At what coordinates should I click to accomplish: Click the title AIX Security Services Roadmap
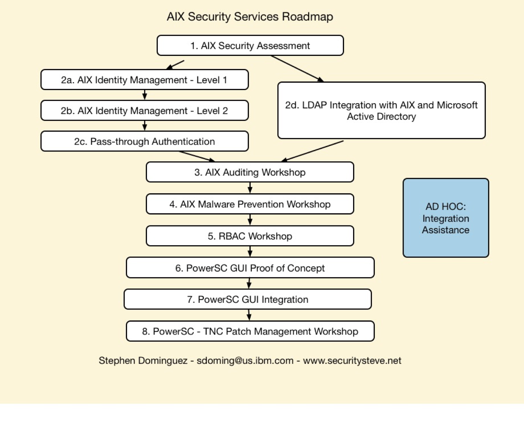click(250, 17)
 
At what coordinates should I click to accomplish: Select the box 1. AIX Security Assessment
click(250, 46)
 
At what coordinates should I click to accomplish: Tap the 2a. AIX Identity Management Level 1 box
click(144, 80)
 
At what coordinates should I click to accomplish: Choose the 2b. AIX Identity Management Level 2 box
click(144, 111)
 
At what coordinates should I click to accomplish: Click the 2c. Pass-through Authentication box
click(144, 141)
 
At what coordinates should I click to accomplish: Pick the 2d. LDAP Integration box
click(381, 111)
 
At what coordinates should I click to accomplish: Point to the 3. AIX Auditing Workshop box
click(250, 172)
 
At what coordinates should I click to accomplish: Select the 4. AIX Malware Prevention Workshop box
click(250, 204)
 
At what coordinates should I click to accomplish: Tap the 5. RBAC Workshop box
click(250, 236)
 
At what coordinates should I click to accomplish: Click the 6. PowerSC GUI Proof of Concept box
click(250, 268)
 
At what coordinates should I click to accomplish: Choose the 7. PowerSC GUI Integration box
click(247, 299)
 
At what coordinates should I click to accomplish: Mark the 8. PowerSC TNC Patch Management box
click(250, 331)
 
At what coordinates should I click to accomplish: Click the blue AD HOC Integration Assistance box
click(446, 218)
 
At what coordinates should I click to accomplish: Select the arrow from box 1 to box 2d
click(297, 69)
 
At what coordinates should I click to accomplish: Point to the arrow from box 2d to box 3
click(312, 151)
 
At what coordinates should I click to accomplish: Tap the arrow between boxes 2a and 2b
click(145, 95)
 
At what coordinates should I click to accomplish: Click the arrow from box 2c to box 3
click(197, 156)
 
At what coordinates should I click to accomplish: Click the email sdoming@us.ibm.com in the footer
click(245, 361)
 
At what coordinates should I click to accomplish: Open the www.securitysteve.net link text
click(352, 361)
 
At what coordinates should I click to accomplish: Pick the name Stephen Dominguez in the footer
click(143, 361)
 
